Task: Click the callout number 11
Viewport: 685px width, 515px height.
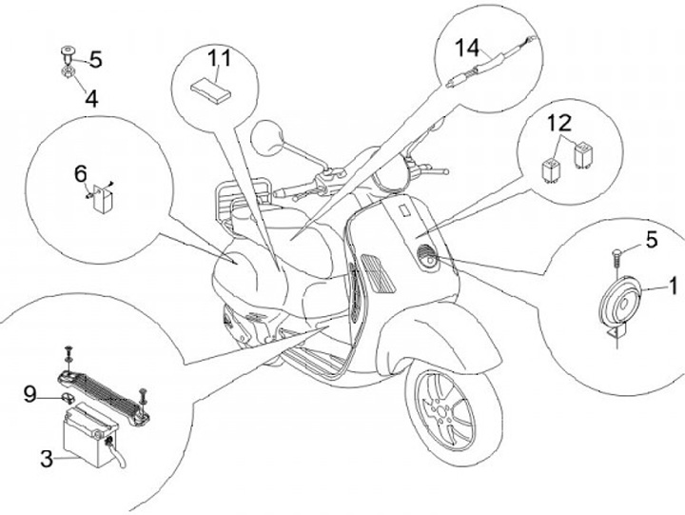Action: pyautogui.click(x=219, y=59)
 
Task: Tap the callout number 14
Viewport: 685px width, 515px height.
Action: pyautogui.click(x=467, y=48)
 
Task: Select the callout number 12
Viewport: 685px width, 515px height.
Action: pyautogui.click(x=560, y=123)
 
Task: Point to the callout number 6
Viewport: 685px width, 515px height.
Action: pyautogui.click(x=81, y=174)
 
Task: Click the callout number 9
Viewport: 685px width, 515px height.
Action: pyautogui.click(x=29, y=394)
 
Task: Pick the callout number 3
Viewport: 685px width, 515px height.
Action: pyautogui.click(x=47, y=459)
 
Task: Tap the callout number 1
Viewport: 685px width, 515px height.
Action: pyautogui.click(x=674, y=286)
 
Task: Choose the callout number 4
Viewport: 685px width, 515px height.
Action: pyautogui.click(x=91, y=99)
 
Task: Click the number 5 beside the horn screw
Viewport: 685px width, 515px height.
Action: pyautogui.click(x=652, y=240)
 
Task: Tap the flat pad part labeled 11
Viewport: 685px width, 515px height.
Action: pyautogui.click(x=209, y=90)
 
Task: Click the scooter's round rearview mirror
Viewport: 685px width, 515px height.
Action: pyautogui.click(x=267, y=137)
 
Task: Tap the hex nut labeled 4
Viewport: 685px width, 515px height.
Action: pyautogui.click(x=68, y=72)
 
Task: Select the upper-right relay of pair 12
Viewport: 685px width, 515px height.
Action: pyautogui.click(x=582, y=152)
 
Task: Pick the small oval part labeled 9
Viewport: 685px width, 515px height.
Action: pyautogui.click(x=67, y=398)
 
